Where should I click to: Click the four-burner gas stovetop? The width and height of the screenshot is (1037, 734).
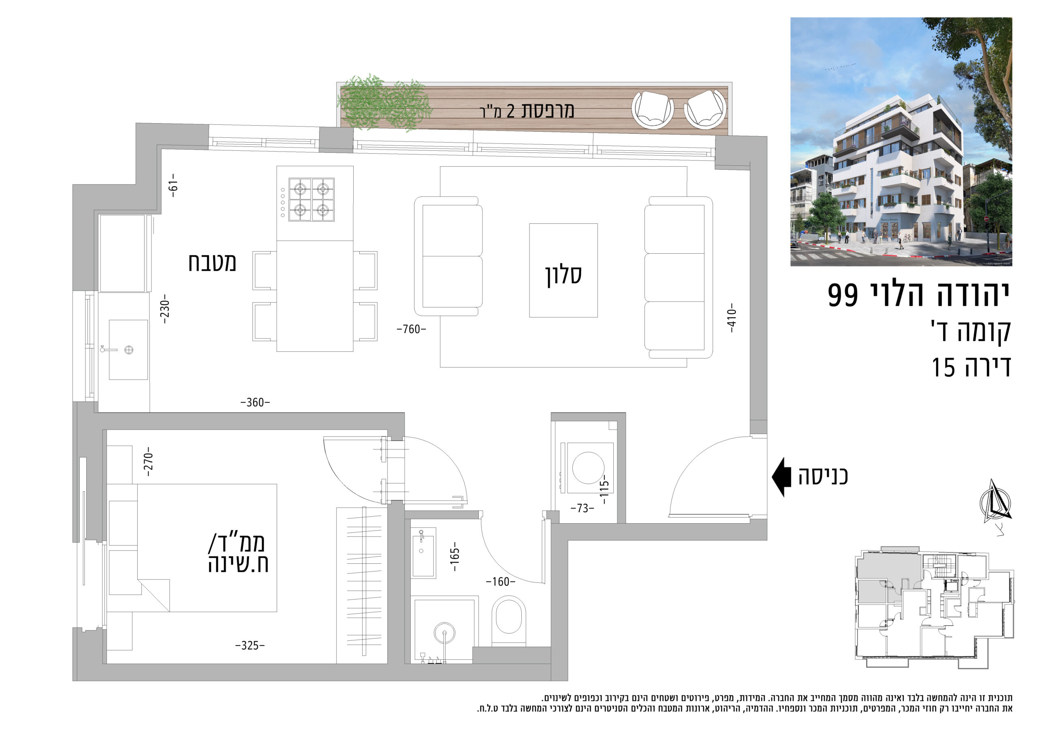click(311, 199)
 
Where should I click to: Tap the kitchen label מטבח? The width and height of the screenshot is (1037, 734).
click(212, 263)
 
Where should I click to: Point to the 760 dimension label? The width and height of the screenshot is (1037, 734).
click(411, 330)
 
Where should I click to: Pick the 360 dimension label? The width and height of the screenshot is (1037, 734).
click(255, 402)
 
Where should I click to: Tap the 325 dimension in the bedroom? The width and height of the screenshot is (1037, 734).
click(250, 645)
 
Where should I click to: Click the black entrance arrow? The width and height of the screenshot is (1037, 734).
click(781, 477)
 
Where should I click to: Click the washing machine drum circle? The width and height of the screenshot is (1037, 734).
click(588, 468)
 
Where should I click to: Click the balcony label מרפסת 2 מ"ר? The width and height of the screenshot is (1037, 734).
click(527, 111)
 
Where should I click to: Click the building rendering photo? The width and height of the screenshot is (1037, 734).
click(901, 142)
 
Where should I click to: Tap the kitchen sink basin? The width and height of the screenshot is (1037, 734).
click(128, 349)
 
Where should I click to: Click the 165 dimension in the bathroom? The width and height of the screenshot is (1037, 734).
click(455, 556)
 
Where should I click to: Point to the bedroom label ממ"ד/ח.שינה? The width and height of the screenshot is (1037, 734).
click(238, 554)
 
